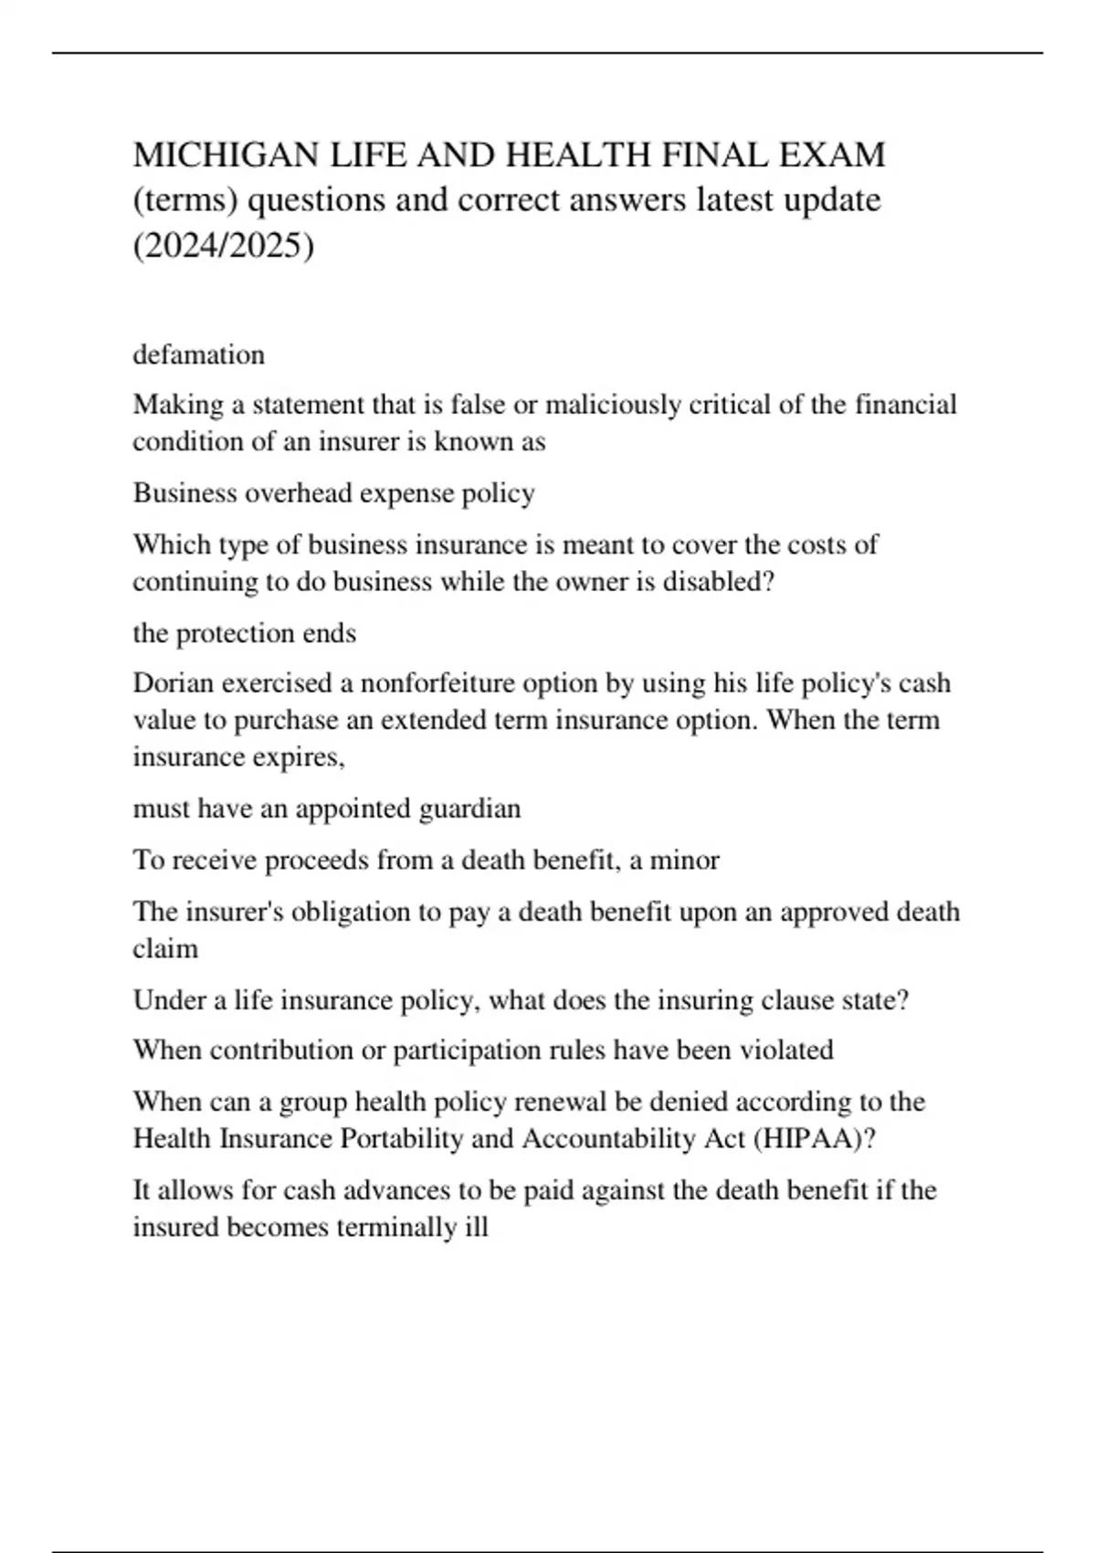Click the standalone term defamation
pos(199,354)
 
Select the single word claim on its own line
pos(165,949)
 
